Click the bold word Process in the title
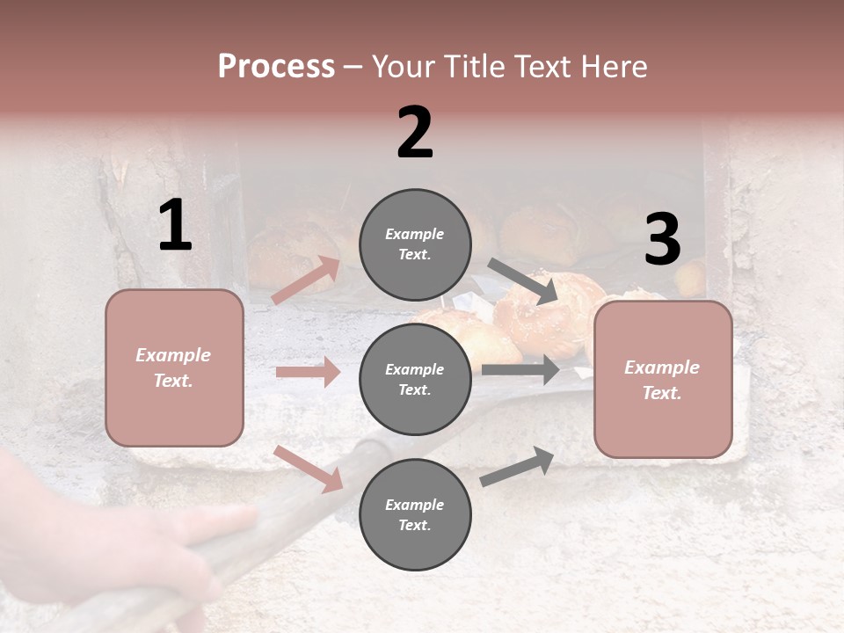[276, 67]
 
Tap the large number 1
[175, 225]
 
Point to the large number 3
[662, 239]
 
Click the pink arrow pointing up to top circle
[306, 280]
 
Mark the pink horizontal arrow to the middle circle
[308, 372]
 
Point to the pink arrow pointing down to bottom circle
[308, 469]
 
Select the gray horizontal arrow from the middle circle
[520, 370]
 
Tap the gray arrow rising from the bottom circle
[517, 467]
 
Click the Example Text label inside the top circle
[414, 244]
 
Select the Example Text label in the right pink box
[662, 380]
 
